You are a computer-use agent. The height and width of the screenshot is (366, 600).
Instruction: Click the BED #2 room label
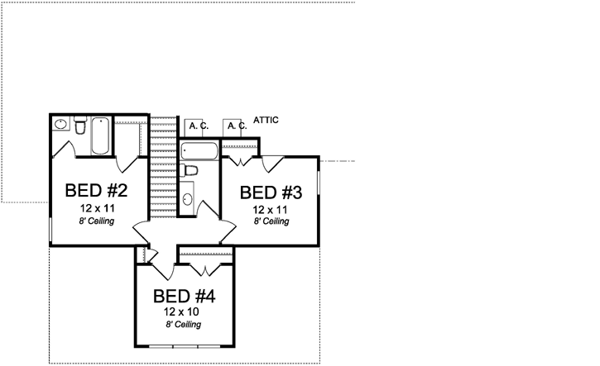point(96,191)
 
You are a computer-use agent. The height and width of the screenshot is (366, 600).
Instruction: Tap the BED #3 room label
point(271,193)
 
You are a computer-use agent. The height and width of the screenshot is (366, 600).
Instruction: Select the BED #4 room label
point(185,296)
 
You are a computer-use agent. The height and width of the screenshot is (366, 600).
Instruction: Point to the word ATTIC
point(266,121)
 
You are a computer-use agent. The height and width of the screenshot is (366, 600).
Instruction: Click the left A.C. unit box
point(196,126)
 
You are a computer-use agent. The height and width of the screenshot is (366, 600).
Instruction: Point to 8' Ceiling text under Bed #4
point(185,325)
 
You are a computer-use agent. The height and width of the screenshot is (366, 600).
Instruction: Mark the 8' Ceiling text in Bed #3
point(271,221)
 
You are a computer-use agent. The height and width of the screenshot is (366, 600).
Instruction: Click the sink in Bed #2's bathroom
point(60,125)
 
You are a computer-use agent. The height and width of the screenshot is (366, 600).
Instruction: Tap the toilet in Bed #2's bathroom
point(79,126)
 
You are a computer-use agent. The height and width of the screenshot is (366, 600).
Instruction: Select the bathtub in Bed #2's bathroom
point(100,135)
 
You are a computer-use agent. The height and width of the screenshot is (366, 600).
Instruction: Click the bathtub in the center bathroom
point(199,151)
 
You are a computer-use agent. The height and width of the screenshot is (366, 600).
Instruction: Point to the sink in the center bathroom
point(187,199)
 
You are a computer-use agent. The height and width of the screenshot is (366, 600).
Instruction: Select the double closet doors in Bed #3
point(241,158)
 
